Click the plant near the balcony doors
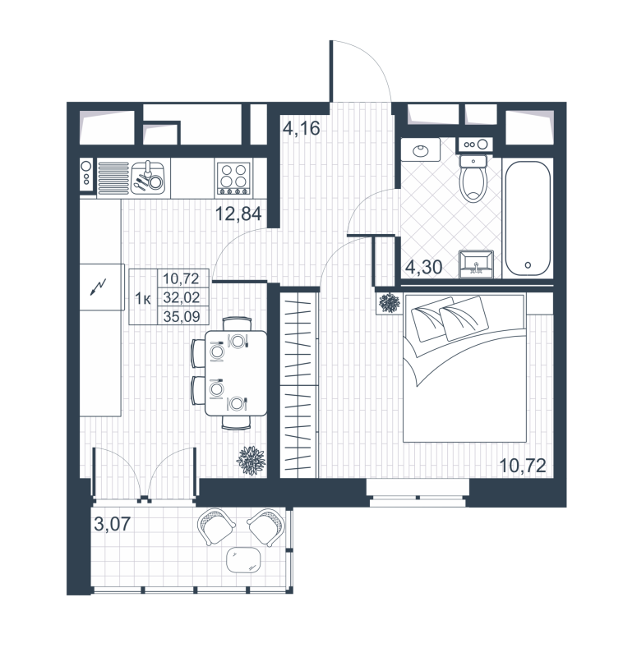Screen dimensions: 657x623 coord(250,459)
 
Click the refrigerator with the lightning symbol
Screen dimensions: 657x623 coord(99,287)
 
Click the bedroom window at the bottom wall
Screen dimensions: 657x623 coord(417,490)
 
